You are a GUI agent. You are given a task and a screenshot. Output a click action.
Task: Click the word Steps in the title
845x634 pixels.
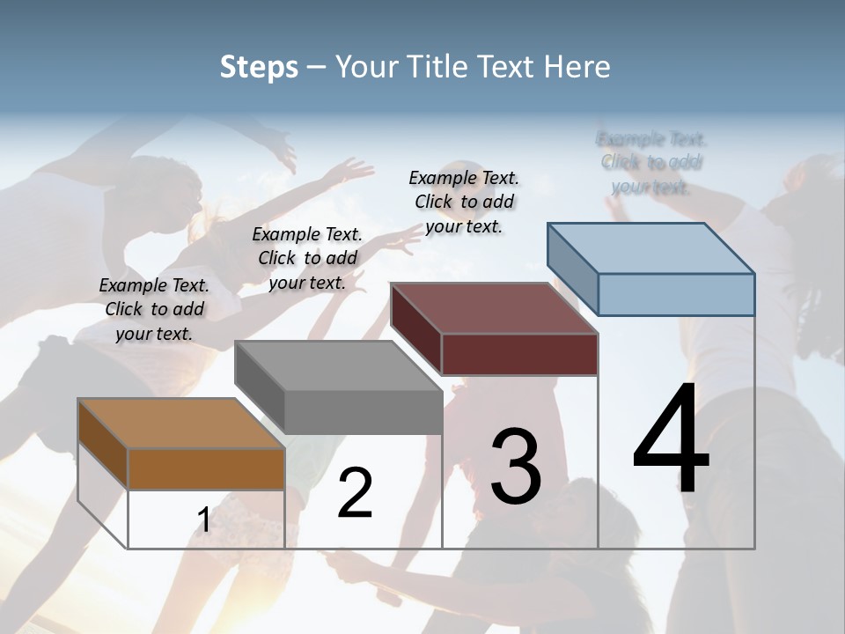(x=259, y=67)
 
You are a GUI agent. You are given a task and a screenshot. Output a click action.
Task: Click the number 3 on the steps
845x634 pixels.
(x=516, y=467)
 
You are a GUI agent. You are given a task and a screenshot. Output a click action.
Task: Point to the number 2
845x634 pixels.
(x=355, y=493)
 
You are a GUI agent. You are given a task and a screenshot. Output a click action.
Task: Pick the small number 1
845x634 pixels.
(x=203, y=520)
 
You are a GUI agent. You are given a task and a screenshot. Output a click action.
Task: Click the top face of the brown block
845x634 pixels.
(x=181, y=424)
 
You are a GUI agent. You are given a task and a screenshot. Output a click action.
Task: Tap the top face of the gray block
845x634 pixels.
(x=338, y=365)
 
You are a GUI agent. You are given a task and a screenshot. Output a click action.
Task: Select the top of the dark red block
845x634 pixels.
(x=494, y=308)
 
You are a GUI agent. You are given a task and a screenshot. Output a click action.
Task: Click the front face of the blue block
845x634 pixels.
(x=676, y=294)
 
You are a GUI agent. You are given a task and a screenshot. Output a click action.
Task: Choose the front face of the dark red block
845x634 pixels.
(x=519, y=354)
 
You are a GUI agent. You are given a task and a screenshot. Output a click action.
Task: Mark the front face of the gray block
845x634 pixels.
(x=363, y=412)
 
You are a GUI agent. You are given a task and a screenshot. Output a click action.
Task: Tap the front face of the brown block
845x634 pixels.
(x=206, y=468)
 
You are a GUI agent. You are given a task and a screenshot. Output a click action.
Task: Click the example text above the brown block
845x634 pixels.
(x=154, y=309)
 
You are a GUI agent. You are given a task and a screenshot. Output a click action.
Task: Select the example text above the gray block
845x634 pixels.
(x=307, y=258)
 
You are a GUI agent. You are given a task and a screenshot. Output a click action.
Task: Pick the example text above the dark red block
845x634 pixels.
(x=464, y=202)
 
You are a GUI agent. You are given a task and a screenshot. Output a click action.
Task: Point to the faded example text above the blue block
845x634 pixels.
(x=651, y=163)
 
